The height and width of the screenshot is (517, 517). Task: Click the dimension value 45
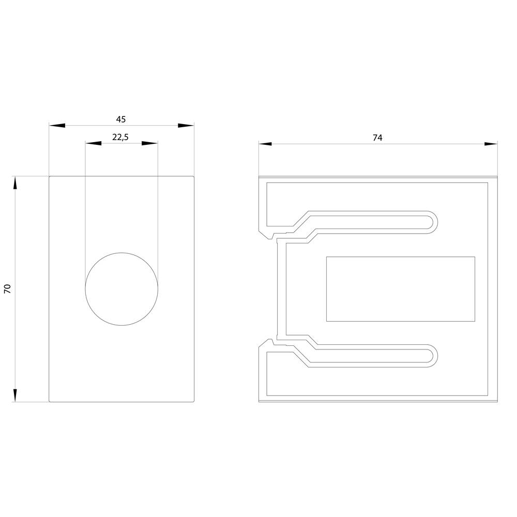point(120,119)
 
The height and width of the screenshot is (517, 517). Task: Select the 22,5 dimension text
point(120,137)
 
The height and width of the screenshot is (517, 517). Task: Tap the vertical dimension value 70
point(8,289)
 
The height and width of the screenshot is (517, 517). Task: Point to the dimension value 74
point(377,138)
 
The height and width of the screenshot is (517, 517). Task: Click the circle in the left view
point(121,289)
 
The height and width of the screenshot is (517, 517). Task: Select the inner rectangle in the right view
point(401,288)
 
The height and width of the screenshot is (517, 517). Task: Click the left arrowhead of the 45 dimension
point(57,126)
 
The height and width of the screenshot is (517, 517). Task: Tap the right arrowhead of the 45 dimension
point(186,126)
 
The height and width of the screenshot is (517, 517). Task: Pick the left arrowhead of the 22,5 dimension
point(93,143)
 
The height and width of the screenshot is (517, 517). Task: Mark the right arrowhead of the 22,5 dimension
point(150,143)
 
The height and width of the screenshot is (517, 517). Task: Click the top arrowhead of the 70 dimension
point(15,184)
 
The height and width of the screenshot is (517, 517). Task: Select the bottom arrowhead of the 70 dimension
point(15,394)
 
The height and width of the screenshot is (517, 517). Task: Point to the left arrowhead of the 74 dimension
point(266,144)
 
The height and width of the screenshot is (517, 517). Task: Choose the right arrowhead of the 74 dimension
point(490,144)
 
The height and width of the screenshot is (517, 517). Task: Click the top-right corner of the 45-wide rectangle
point(193,177)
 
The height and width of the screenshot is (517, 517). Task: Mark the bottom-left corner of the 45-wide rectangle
point(50,401)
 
